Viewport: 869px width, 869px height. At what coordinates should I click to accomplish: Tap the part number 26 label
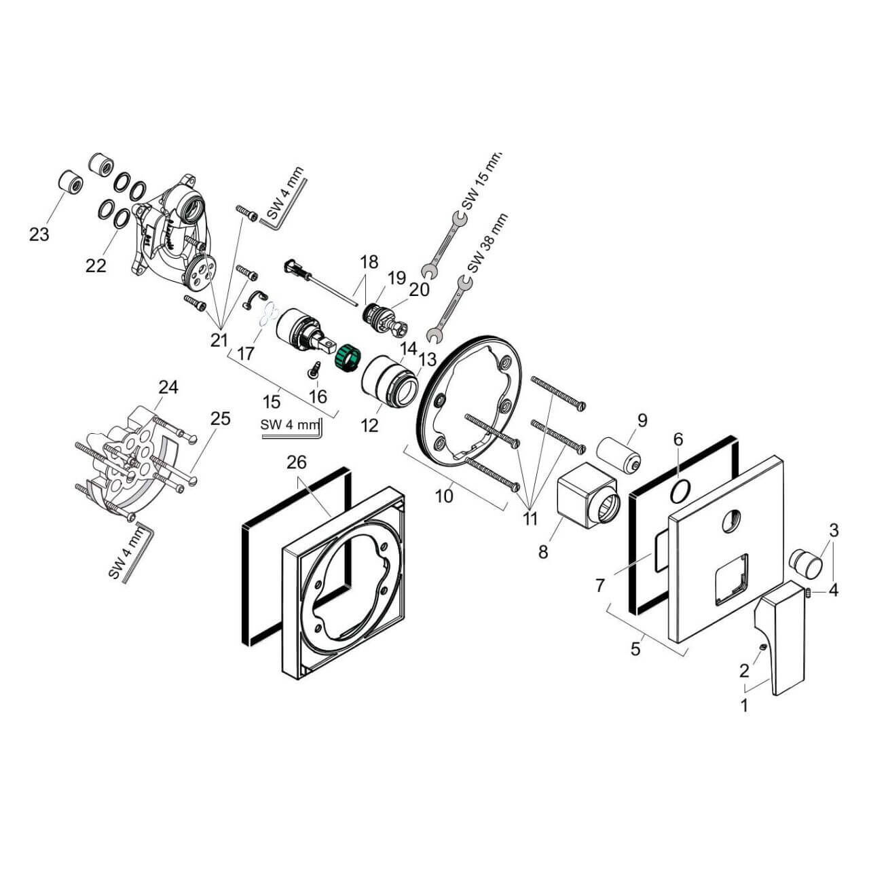coord(297,462)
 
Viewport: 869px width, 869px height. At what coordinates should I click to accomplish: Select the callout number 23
coord(39,234)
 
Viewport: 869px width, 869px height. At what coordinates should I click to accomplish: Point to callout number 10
coord(444,496)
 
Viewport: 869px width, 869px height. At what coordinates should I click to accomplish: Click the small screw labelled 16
coord(315,369)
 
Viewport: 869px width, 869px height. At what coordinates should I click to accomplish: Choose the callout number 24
coord(168,387)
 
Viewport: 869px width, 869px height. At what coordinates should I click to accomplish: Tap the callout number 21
coord(219,340)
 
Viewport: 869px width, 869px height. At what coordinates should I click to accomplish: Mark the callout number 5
coord(635,648)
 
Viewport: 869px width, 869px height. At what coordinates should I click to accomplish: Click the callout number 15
coord(272,402)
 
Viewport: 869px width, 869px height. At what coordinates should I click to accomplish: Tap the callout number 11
coord(530,519)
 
